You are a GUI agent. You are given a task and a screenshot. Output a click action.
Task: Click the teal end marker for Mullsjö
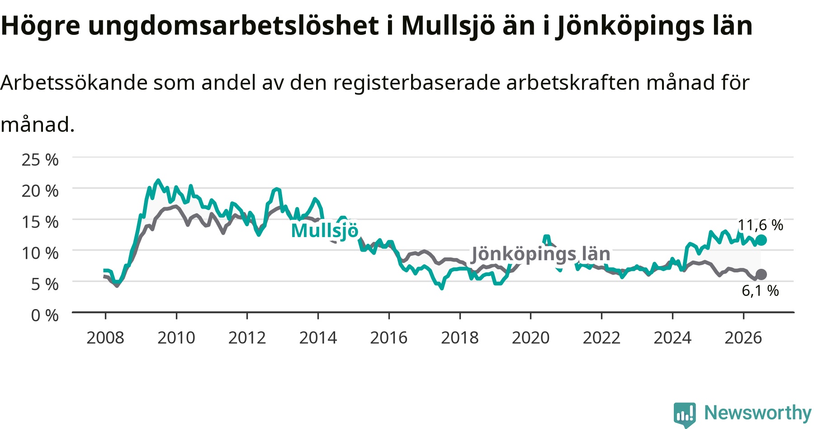tap(761, 240)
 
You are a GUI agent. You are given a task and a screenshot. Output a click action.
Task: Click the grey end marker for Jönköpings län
tap(761, 274)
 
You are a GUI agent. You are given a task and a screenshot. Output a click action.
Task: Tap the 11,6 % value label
tap(760, 225)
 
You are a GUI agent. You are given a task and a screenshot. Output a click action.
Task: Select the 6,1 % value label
tap(760, 291)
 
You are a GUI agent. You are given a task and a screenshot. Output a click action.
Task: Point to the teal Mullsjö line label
tap(325, 230)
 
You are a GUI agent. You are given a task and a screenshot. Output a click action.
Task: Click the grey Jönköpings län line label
tap(541, 254)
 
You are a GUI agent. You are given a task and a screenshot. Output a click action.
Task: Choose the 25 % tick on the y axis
tap(40, 160)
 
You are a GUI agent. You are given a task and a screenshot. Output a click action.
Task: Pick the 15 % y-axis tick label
tap(40, 222)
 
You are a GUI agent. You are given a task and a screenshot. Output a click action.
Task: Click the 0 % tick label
tap(45, 315)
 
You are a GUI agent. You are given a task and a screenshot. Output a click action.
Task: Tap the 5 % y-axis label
tap(45, 284)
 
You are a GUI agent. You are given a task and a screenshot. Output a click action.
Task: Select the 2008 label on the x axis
tap(105, 338)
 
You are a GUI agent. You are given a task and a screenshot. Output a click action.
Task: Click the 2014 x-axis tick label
tap(318, 338)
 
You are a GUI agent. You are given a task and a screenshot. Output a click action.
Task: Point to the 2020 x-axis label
tap(530, 338)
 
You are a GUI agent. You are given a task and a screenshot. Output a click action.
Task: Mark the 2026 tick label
tap(743, 338)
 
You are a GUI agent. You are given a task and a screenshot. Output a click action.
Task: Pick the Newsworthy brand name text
tap(758, 413)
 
